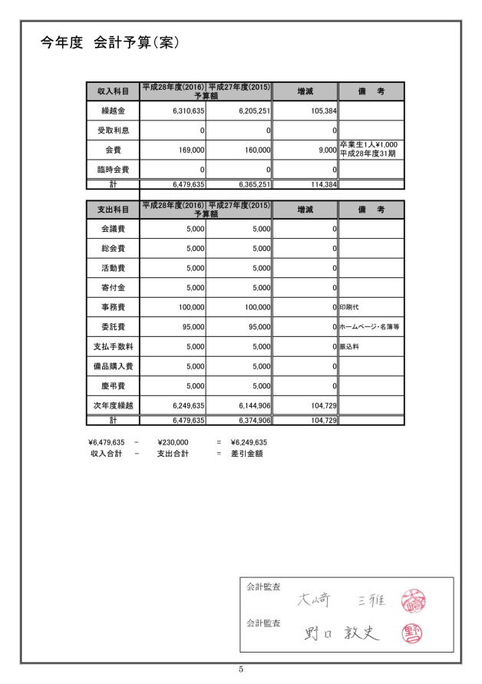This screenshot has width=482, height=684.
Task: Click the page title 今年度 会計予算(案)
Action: coord(110,43)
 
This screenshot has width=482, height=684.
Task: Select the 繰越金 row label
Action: coord(113,112)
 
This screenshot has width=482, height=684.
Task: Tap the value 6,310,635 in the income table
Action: coord(183,112)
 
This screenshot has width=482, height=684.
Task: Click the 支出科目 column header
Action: coord(112,209)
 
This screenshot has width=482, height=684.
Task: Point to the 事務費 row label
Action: coord(113,307)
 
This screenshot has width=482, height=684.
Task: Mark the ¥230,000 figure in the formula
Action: coord(173,442)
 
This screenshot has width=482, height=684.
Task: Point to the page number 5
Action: coord(241,670)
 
